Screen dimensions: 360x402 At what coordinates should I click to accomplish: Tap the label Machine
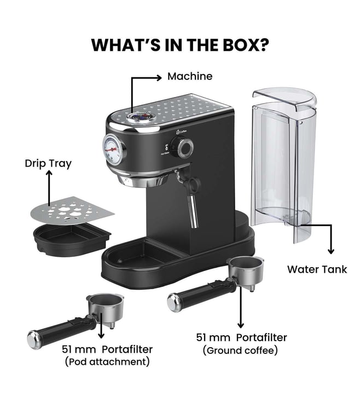click(x=190, y=76)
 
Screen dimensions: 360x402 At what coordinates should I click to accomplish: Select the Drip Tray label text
click(x=48, y=164)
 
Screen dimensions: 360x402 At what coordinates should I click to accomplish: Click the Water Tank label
click(x=317, y=269)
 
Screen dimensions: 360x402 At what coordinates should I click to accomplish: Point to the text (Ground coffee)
click(x=240, y=351)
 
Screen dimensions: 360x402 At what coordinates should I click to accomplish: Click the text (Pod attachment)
click(x=107, y=362)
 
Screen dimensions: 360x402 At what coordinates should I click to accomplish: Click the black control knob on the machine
click(x=182, y=147)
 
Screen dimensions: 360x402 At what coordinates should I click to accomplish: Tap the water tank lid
click(x=284, y=99)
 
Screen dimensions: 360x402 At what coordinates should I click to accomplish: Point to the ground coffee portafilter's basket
click(x=246, y=272)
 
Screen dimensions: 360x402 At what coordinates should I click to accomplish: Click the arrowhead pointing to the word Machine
click(x=159, y=77)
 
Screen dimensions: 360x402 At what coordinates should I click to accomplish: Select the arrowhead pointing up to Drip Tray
click(x=49, y=173)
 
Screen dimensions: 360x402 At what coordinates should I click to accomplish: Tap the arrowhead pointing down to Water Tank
click(x=331, y=251)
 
